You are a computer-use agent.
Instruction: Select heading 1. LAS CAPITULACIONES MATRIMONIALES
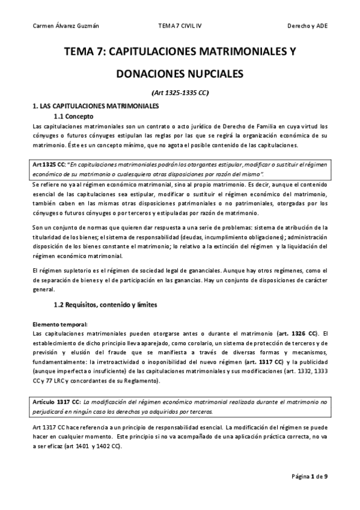point(95,106)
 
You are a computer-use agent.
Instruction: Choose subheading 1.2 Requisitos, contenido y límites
point(106,305)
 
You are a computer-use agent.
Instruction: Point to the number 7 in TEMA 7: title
point(96,52)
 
